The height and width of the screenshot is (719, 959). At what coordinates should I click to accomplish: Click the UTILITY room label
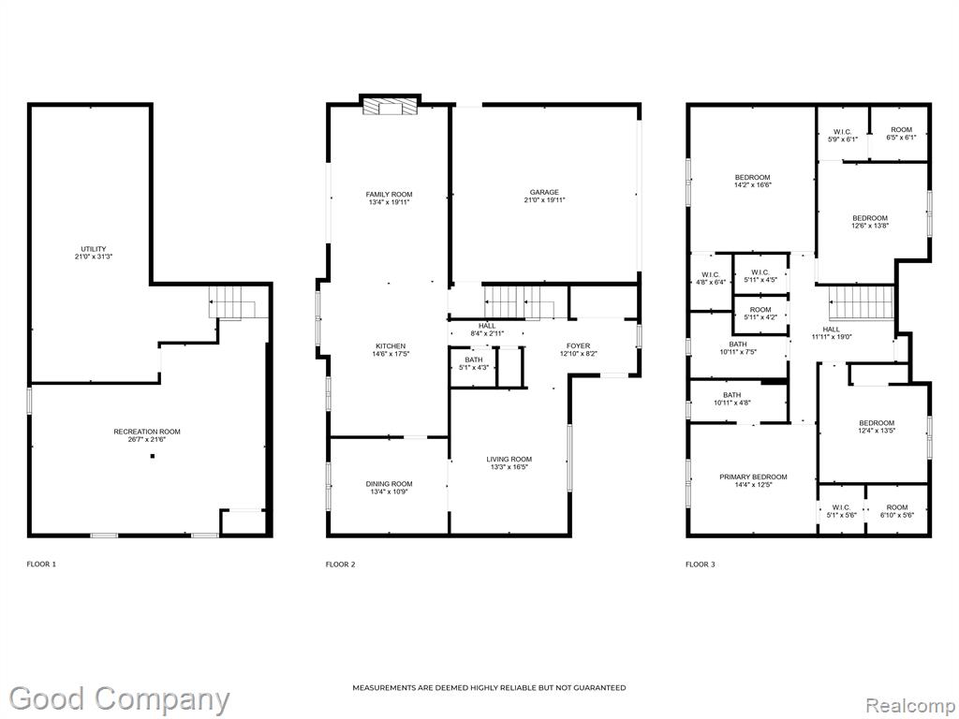pos(94,249)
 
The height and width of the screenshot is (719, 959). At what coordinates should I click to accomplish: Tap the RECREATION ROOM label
pos(147,432)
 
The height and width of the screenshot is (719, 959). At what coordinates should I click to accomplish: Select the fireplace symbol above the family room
pos(391,107)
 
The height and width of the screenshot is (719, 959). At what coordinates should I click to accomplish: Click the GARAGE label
pos(544,192)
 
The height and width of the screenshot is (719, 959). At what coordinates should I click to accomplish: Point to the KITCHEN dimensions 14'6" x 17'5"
pos(391,354)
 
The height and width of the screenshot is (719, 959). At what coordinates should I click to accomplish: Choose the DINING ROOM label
pos(389,484)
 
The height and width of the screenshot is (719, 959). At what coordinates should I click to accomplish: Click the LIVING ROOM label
pos(509,459)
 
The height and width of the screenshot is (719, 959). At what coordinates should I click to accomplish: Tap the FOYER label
pos(578,346)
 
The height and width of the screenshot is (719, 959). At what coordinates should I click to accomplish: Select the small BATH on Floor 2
pos(473,367)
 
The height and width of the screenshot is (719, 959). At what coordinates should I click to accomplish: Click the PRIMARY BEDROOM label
pos(753,477)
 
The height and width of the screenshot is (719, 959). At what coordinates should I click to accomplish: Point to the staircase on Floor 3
pos(861,302)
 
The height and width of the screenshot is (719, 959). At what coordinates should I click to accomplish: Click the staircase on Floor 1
pos(232,302)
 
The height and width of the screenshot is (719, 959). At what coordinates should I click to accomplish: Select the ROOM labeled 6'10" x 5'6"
pos(897,510)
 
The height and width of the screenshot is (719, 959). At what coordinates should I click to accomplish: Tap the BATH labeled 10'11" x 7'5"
pos(738,348)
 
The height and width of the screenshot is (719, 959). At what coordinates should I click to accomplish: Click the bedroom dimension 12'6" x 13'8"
pos(870,226)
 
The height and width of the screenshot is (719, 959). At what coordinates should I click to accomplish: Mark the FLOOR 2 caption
pos(340,565)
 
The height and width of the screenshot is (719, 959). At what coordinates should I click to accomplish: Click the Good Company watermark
pos(120,699)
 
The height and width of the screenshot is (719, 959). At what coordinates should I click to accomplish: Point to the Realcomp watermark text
pos(909,706)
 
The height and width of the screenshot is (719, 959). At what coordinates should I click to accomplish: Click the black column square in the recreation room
pos(153,456)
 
